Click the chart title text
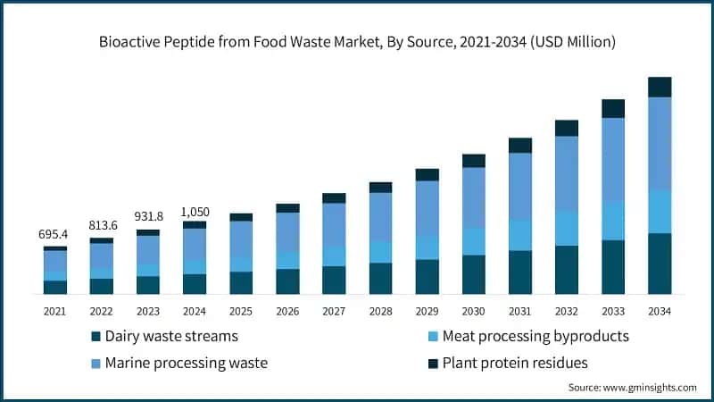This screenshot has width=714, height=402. click(357, 42)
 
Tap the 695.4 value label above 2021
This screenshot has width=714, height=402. click(55, 234)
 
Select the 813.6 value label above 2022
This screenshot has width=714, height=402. click(102, 225)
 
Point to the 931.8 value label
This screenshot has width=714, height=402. click(148, 216)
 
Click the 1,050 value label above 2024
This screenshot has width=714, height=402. click(195, 212)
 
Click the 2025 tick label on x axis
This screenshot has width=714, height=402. click(241, 311)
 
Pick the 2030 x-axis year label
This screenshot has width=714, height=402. click(473, 311)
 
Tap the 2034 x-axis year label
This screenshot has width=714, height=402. click(660, 311)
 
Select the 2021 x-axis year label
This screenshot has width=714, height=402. click(55, 311)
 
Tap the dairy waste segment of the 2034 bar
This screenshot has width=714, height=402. click(660, 264)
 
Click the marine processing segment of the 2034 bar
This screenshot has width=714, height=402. click(660, 143)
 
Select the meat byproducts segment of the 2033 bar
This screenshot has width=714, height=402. click(613, 221)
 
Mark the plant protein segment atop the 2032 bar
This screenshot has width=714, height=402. click(567, 128)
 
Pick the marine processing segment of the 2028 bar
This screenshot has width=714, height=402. click(380, 217)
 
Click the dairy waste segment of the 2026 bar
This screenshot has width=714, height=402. click(287, 281)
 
